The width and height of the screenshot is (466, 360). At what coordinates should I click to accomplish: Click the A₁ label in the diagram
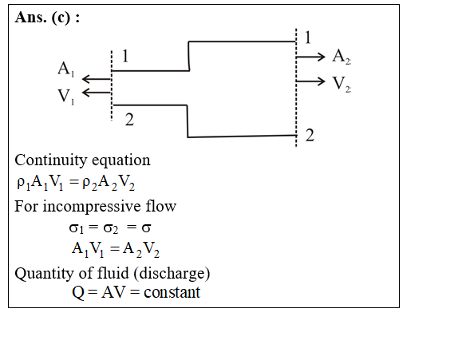[x=66, y=69]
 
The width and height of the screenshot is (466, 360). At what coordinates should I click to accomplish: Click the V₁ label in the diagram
[x=66, y=97]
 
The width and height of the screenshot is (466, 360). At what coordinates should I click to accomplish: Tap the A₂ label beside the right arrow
[x=342, y=57]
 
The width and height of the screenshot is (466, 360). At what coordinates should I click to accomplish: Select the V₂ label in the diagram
[x=342, y=84]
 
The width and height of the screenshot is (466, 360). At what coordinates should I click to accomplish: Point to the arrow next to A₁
[x=97, y=79]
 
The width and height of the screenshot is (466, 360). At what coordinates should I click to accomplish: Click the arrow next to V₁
[x=97, y=93]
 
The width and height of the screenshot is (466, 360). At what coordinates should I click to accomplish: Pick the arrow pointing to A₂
[x=310, y=57]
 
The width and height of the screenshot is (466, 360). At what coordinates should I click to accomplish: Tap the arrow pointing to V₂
[x=310, y=81]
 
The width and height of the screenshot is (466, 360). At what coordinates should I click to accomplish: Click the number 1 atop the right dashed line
[x=307, y=38]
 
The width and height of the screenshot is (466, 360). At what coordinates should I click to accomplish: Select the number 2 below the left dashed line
[x=129, y=120]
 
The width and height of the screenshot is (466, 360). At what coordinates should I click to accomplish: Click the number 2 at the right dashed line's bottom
[x=310, y=135]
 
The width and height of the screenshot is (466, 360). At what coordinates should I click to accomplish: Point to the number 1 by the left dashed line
[x=125, y=56]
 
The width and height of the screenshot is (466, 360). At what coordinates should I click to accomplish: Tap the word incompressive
[x=92, y=206]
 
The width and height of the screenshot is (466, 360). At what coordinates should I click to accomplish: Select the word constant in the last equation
[x=172, y=292]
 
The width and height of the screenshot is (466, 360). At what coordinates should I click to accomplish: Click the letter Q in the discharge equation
[x=78, y=293]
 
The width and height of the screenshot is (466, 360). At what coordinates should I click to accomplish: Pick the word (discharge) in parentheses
[x=172, y=274]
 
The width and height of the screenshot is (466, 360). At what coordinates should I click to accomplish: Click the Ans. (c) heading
[x=47, y=18]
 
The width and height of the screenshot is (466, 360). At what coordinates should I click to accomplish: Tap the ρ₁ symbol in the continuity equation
[x=23, y=183]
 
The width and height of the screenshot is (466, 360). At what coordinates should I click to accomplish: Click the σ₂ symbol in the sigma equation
[x=111, y=228]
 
